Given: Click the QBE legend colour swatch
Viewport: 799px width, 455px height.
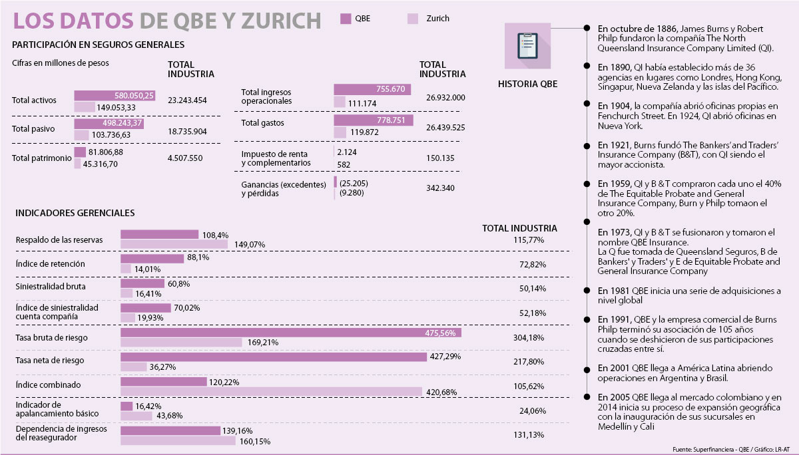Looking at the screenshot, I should [346, 19].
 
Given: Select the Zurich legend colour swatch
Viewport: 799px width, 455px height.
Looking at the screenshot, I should [412, 19].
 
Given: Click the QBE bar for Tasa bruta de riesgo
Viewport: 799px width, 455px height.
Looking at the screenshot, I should [290, 333].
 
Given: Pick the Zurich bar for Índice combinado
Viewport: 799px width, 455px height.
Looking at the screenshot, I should [271, 391].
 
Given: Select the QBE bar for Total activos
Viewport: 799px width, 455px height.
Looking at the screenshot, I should [115, 96].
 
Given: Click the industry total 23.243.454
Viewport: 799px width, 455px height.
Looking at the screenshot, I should [188, 100].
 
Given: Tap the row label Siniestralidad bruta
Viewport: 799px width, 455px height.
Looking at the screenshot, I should [46, 287].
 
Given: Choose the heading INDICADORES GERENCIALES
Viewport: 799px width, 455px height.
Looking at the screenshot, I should [75, 213].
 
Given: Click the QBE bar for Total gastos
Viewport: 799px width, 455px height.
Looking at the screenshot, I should [373, 120].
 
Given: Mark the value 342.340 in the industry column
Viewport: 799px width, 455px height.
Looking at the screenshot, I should [440, 188].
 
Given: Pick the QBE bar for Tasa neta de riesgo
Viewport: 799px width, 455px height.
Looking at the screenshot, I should [273, 357].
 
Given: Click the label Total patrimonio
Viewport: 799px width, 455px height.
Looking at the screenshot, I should [41, 158].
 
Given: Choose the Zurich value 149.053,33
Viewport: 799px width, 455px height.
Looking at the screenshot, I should [117, 108].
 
